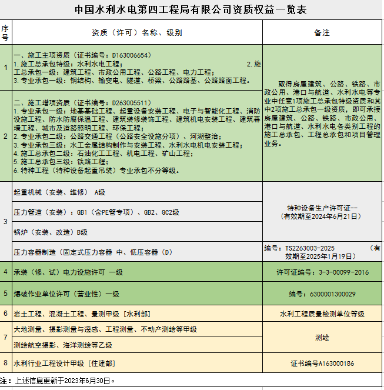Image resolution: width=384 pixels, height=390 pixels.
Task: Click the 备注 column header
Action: click(x=322, y=32)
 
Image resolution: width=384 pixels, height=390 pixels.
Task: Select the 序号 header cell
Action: click(x=5, y=32)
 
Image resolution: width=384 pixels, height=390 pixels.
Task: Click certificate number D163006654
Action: click(x=130, y=55)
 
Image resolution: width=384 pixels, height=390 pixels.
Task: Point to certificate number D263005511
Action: click(x=130, y=102)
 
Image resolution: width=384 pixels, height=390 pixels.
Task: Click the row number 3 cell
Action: click(x=5, y=222)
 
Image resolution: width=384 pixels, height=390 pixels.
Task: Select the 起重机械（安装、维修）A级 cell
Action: click(x=59, y=192)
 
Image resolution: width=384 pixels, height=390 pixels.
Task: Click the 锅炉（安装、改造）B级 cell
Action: click(x=51, y=232)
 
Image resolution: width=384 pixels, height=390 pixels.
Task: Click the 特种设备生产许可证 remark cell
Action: click(x=322, y=212)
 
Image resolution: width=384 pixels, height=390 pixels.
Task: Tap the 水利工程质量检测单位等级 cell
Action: click(x=322, y=314)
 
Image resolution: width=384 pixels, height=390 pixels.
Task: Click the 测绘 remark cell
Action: click(x=322, y=338)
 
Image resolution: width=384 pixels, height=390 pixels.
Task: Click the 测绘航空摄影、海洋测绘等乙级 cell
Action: click(x=63, y=345)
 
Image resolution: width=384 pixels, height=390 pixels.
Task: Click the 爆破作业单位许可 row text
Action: click(x=66, y=294)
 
